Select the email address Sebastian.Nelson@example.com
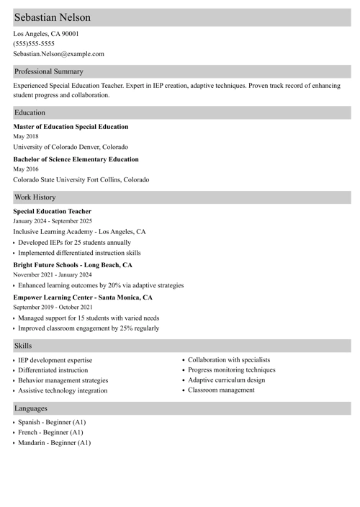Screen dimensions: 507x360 click(58, 53)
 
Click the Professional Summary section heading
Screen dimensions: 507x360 click(49, 71)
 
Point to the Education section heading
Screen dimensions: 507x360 click(30, 112)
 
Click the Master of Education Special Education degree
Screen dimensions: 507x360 click(71, 127)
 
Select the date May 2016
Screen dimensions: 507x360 click(26, 169)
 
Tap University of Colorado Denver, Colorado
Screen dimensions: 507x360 click(71, 147)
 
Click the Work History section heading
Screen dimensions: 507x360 click(35, 197)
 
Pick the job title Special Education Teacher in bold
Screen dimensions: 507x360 click(53, 211)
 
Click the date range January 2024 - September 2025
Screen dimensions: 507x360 click(53, 221)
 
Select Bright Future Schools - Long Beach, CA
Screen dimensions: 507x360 click(73, 264)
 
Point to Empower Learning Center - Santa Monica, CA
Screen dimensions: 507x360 click(83, 297)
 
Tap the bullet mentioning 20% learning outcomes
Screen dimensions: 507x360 click(101, 285)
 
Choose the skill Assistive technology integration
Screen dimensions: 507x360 click(63, 390)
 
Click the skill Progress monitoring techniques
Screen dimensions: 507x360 click(231, 369)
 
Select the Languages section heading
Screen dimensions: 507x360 click(31, 408)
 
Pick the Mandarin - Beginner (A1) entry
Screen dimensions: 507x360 click(54, 442)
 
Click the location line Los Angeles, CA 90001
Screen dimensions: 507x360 click(46, 33)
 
